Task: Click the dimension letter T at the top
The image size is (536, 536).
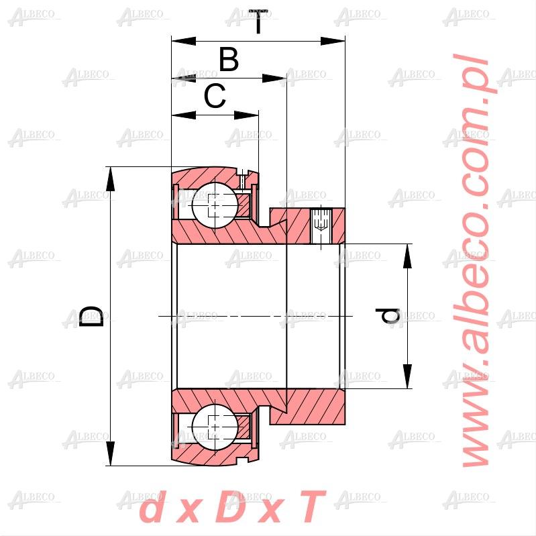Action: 258,22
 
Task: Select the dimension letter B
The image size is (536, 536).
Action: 229,60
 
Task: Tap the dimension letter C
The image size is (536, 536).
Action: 215,96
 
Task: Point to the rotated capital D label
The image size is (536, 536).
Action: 91,316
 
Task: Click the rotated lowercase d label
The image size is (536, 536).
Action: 388,315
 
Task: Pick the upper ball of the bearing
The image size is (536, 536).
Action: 215,205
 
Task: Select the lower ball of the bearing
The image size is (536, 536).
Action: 215,427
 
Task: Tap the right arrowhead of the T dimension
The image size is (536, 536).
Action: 333,42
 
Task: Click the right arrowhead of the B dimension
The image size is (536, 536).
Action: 274,78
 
